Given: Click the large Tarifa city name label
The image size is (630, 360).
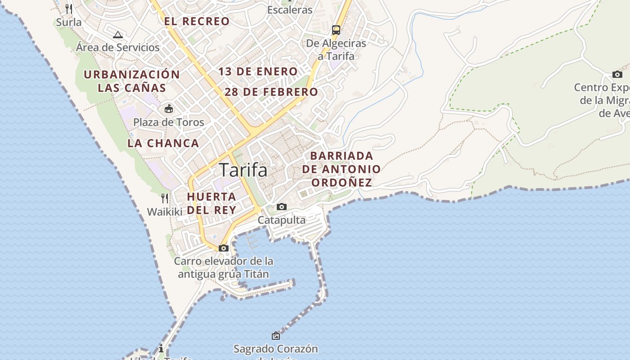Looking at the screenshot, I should (x=243, y=170).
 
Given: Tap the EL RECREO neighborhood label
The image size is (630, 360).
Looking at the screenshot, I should (x=197, y=21).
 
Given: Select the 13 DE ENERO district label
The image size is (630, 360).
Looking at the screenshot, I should (x=258, y=71).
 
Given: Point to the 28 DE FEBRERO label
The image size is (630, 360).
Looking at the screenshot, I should (x=271, y=92).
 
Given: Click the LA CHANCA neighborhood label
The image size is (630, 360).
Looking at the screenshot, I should (x=163, y=143).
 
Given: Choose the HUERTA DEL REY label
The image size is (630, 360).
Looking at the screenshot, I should (x=211, y=203).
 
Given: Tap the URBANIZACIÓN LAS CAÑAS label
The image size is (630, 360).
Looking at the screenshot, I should (x=132, y=81).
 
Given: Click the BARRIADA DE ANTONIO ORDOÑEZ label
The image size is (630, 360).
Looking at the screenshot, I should (x=342, y=169).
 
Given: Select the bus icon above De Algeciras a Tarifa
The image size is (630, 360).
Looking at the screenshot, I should (x=336, y=30).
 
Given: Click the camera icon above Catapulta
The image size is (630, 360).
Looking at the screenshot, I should (x=282, y=207).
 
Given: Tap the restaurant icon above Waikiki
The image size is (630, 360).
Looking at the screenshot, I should (x=165, y=198).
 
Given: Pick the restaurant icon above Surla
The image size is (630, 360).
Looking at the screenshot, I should (x=69, y=9).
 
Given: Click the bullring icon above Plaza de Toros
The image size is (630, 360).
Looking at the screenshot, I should (x=169, y=108).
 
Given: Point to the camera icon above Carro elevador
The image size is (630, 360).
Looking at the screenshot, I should (x=223, y=248).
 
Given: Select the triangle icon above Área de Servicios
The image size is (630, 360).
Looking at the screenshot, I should (x=118, y=35).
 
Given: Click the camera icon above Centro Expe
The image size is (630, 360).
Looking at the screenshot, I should (x=617, y=74).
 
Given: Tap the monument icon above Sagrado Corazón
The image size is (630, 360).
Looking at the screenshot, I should (x=276, y=335).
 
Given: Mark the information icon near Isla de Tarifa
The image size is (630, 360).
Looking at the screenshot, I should (x=161, y=348).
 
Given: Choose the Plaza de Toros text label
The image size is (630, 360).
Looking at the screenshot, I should (x=169, y=122).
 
